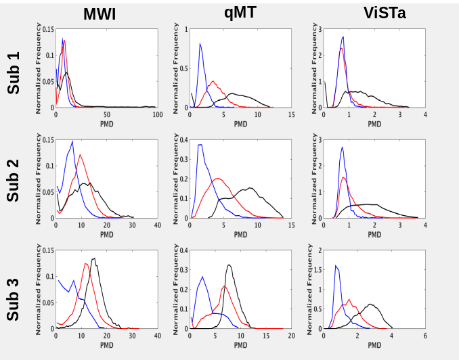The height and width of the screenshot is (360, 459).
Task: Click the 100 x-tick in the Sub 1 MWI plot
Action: click(157, 115)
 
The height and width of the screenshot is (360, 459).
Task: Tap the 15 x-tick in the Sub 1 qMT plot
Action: click(291, 115)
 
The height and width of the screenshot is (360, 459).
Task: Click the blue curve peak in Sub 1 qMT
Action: click(200, 44)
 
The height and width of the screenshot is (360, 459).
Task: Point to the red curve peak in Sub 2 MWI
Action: click(81, 155)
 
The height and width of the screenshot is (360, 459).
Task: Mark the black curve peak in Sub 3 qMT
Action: click(230, 265)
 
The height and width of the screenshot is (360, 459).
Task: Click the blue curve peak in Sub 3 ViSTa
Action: click(336, 266)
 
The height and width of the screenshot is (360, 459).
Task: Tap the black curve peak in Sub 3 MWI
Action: click(93, 258)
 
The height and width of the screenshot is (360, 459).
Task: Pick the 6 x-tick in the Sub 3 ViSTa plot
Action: click(425, 336)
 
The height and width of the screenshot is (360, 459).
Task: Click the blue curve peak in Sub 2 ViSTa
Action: click(343, 147)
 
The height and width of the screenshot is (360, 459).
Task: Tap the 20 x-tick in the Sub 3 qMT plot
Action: click(291, 336)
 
